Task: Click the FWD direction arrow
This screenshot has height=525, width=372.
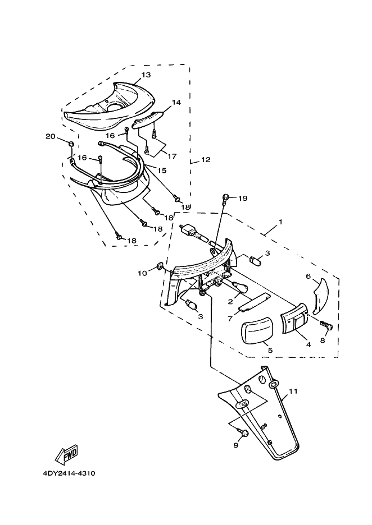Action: pyautogui.click(x=66, y=454)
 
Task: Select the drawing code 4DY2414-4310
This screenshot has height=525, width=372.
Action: pyautogui.click(x=69, y=473)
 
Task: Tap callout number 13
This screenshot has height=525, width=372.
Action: pyautogui.click(x=146, y=75)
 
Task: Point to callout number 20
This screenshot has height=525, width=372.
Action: pyautogui.click(x=51, y=136)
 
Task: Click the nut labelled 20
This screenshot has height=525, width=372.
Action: pyautogui.click(x=71, y=144)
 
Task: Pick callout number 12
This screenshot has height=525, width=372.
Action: pyautogui.click(x=206, y=159)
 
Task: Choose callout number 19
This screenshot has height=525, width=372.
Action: pyautogui.click(x=243, y=198)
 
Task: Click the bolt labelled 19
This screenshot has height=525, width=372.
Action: pyautogui.click(x=225, y=197)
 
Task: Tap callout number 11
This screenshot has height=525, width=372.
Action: pyautogui.click(x=293, y=391)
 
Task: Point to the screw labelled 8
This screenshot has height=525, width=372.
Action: pyautogui.click(x=326, y=325)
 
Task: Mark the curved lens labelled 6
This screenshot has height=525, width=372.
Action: pyautogui.click(x=321, y=294)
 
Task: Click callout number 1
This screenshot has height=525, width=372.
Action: pyautogui.click(x=280, y=222)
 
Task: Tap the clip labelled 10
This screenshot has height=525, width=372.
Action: pyautogui.click(x=159, y=266)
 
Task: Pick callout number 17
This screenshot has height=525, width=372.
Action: pyautogui.click(x=172, y=156)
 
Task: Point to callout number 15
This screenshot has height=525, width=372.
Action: pyautogui.click(x=161, y=171)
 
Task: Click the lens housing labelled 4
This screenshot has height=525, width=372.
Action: pyautogui.click(x=294, y=318)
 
